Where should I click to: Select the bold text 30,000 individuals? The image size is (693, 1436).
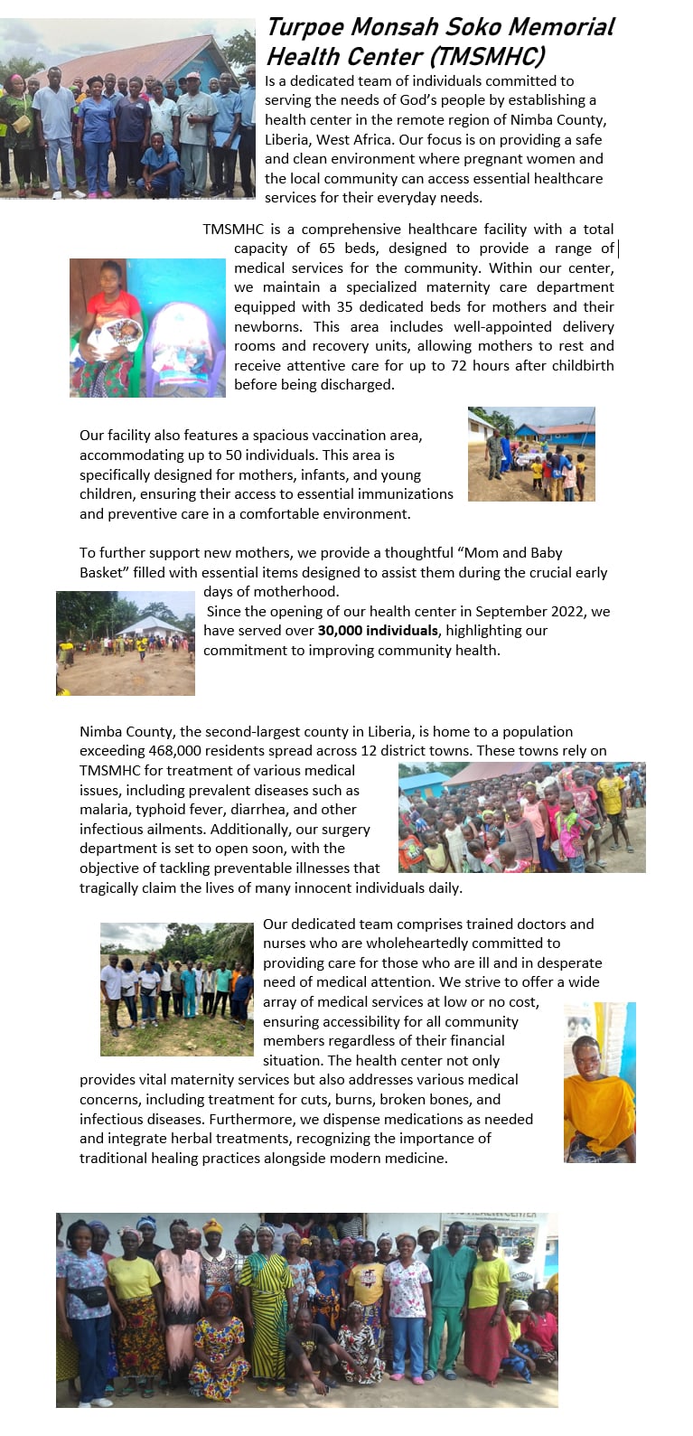point(378,631)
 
